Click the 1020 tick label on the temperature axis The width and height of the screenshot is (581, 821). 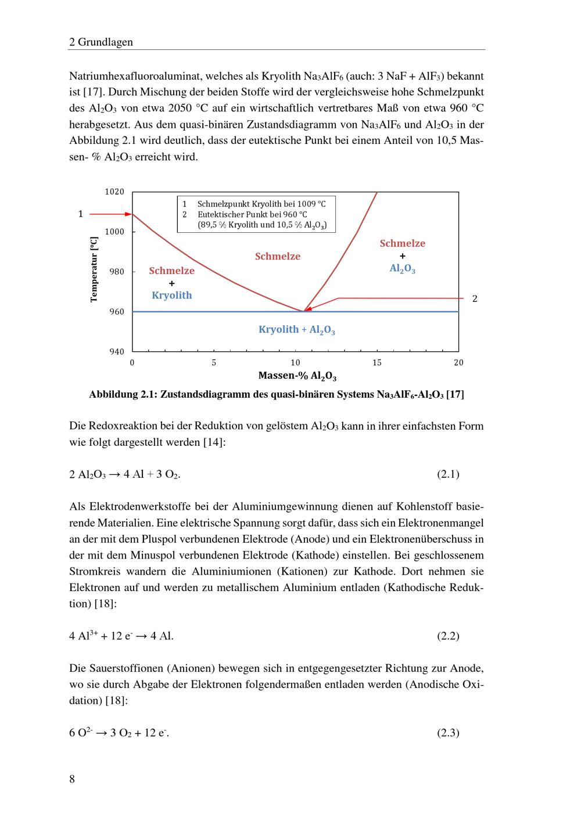pos(114,192)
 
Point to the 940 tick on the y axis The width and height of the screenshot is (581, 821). pos(117,351)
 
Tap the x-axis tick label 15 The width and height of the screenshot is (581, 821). pos(377,363)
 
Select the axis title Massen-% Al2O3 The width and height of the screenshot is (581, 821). pos(297,376)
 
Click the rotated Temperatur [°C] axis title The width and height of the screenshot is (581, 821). pos(94,269)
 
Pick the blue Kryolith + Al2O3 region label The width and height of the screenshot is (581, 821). pos(296,330)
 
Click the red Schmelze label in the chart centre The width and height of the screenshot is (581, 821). pos(278,256)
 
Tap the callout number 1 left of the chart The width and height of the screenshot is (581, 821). pos(81,214)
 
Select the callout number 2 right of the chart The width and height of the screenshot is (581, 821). pos(475,298)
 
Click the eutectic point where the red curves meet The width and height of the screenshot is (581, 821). pos(303,311)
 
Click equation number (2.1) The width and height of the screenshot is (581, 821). pos(448,474)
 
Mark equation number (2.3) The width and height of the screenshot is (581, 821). pos(448,733)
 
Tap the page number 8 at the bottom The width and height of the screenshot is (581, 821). pos(72,779)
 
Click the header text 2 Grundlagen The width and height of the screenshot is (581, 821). pos(101,42)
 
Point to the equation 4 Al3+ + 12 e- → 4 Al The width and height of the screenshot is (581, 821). pos(121,636)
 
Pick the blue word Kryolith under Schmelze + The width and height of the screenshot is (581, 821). pos(171,295)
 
